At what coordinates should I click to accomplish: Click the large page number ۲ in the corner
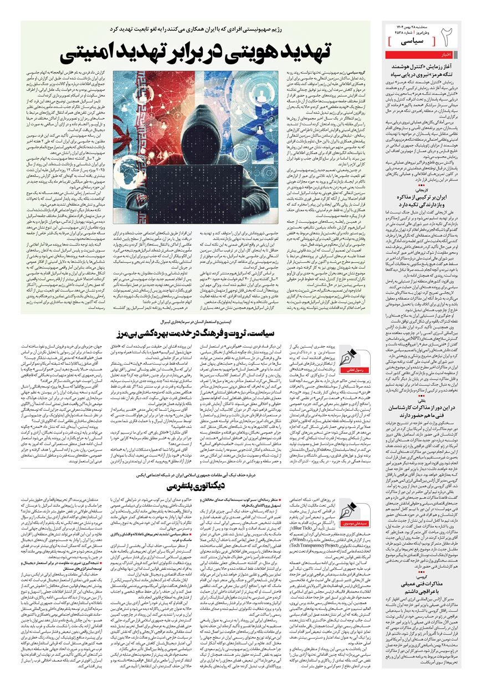[x=447, y=39]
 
